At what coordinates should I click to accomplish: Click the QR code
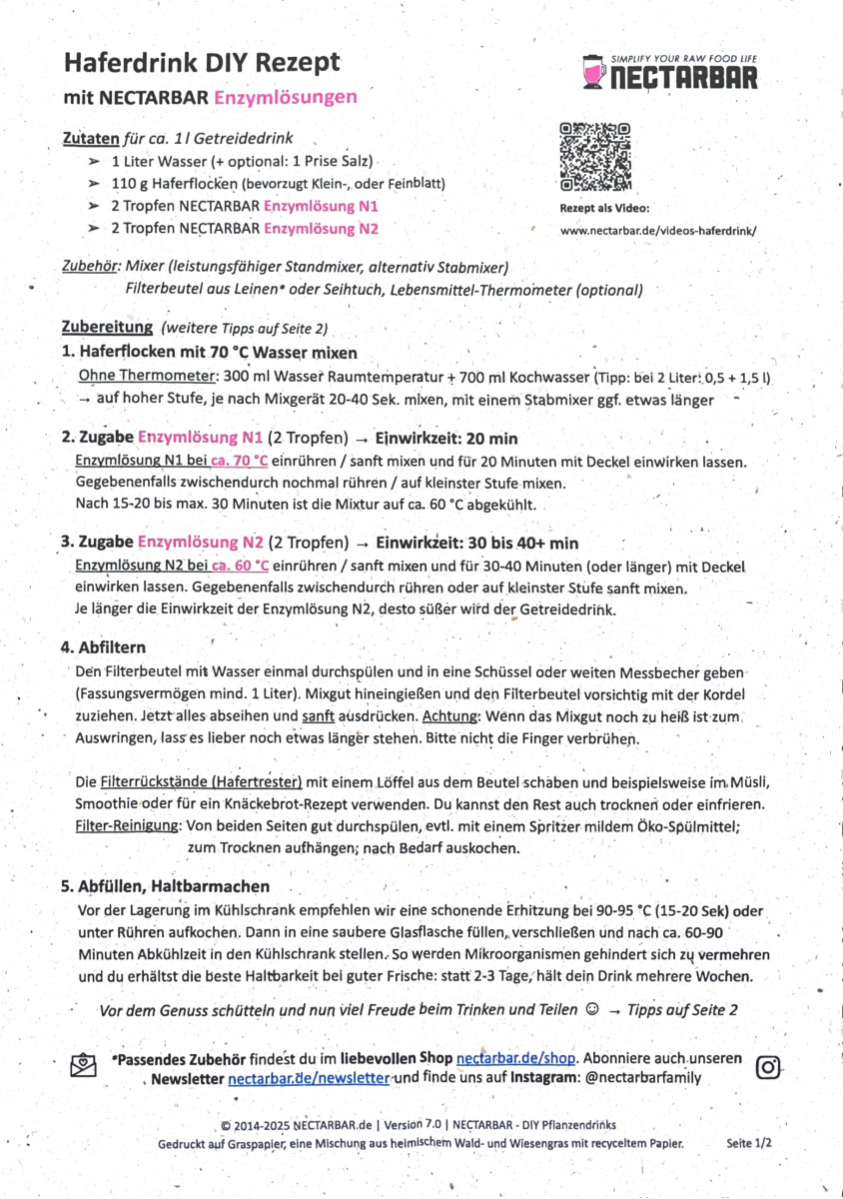click(x=595, y=156)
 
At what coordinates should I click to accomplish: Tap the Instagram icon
click(x=768, y=1066)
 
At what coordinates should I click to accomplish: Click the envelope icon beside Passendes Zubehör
click(x=83, y=1065)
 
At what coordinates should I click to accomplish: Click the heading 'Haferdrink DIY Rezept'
click(x=202, y=62)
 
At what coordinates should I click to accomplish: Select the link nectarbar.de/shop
click(x=516, y=1058)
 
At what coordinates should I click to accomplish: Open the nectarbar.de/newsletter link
click(x=309, y=1078)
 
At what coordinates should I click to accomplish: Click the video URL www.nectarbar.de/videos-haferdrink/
click(x=658, y=229)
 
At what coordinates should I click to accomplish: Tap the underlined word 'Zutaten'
click(x=91, y=139)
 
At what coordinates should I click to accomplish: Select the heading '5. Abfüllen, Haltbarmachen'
click(x=165, y=886)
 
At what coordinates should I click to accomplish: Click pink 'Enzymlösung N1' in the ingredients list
click(x=321, y=206)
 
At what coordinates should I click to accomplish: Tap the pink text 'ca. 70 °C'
click(x=236, y=460)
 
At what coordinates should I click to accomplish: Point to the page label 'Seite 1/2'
click(x=749, y=1142)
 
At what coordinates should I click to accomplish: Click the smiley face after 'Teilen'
click(x=591, y=1009)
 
